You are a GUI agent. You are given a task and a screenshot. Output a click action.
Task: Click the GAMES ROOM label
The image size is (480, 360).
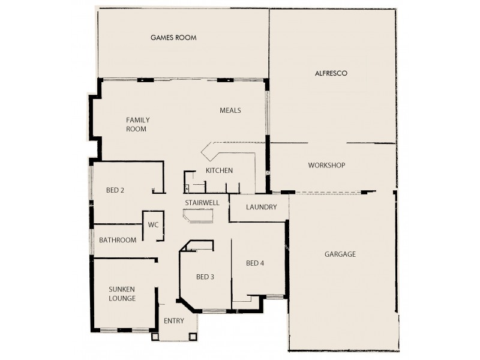[x=173, y=38]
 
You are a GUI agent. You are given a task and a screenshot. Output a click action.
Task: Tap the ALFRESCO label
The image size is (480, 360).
[x=332, y=73]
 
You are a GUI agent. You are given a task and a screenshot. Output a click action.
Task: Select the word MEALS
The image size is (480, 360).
[x=230, y=110]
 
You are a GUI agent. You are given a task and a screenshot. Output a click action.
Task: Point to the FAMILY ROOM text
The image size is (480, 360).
[x=137, y=124]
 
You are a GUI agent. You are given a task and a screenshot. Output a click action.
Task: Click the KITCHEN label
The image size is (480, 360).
[x=219, y=171]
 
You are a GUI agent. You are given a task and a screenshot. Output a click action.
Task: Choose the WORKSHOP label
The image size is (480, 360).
[x=326, y=165]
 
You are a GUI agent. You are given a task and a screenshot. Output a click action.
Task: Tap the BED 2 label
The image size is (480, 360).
[x=115, y=191]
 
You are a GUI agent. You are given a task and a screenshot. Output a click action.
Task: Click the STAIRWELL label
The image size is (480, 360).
[x=202, y=203]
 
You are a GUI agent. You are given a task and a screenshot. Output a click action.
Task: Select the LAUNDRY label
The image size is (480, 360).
[x=262, y=208]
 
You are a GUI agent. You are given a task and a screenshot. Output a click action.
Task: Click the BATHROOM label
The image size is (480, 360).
[x=118, y=240]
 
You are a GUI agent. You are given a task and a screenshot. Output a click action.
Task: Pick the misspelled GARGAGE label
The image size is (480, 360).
[x=340, y=254]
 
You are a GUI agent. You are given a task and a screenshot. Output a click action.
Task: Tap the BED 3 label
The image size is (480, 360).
[x=205, y=277]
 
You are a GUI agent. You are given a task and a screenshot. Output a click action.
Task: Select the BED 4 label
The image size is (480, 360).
[x=255, y=263]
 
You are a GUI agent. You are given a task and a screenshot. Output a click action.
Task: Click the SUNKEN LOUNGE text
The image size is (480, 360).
[x=122, y=293]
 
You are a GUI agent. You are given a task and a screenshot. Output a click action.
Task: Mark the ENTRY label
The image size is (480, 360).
[x=173, y=321]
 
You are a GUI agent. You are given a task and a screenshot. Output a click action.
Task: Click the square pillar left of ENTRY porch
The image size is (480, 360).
[x=155, y=337]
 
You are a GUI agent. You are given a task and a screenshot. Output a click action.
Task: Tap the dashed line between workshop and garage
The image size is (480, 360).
[x=327, y=193]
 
